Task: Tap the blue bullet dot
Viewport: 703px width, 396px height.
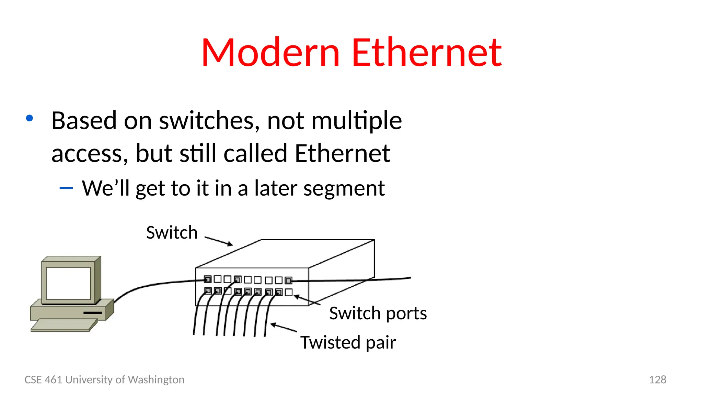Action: coord(30,118)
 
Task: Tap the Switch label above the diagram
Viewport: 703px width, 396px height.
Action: coord(172,232)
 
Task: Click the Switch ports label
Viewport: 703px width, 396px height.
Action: coord(378,313)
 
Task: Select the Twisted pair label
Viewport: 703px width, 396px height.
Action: coord(348,342)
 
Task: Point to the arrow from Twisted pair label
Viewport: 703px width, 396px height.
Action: coord(284,328)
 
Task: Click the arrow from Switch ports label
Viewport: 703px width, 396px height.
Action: coord(307,300)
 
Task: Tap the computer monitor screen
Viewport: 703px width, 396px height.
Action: coord(68,283)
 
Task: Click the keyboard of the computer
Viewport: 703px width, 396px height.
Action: coord(64,325)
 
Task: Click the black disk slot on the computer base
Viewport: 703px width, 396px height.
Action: coord(93,313)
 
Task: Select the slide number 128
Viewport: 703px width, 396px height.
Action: coord(657,379)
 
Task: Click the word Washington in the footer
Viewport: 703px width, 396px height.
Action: coord(156,379)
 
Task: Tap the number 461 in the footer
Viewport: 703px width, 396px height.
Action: coord(54,379)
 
